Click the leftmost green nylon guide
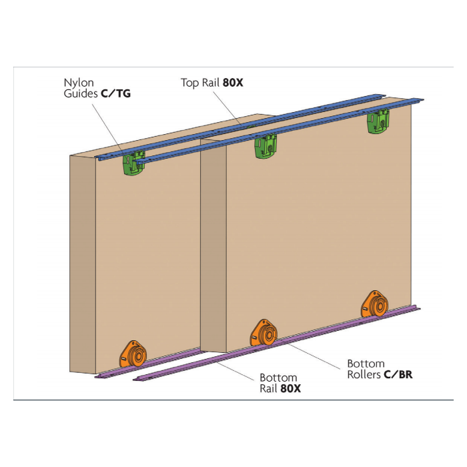tap(132, 162)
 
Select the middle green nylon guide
tap(265, 146)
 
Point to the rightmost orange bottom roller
tap(374, 304)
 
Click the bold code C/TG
tap(115, 94)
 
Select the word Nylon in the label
tap(79, 83)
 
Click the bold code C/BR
tap(398, 374)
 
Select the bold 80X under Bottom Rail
tap(291, 388)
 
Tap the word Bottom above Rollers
tap(366, 364)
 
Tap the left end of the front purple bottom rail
tap(137, 379)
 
